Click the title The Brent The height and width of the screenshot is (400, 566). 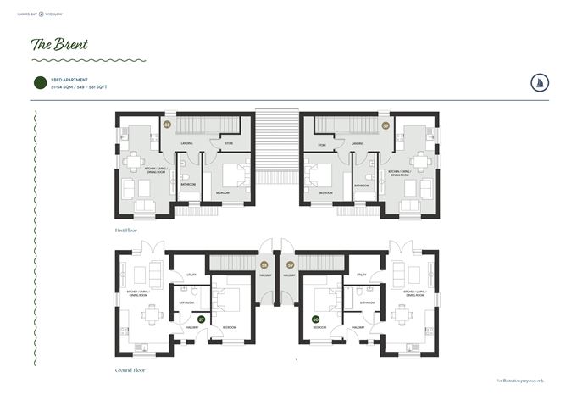click(59, 43)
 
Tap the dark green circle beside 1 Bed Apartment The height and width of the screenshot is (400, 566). click(38, 82)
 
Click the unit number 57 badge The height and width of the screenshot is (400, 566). click(201, 319)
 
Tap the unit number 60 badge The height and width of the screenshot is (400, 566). click(316, 319)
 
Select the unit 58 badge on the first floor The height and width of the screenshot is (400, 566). click(167, 125)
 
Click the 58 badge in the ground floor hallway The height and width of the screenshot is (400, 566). click(264, 265)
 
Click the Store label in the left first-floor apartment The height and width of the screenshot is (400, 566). click(230, 145)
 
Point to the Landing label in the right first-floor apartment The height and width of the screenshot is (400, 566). click(358, 144)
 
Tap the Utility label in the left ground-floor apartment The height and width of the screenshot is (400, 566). click(192, 275)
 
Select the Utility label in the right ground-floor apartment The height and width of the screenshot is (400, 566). click(362, 275)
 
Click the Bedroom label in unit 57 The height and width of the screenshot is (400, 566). click(229, 327)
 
